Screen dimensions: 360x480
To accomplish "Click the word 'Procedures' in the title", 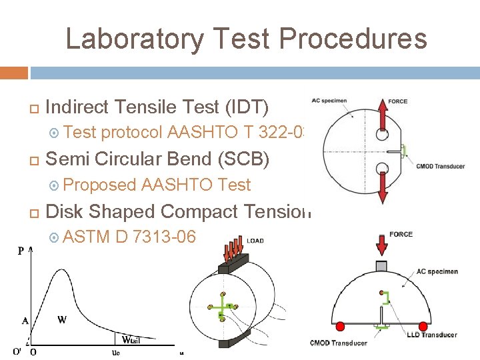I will (x=354, y=39).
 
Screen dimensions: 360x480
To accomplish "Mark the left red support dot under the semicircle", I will (x=340, y=327).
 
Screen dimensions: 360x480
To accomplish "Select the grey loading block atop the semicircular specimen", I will (x=381, y=265).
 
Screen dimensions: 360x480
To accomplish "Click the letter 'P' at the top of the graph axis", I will (x=21, y=251).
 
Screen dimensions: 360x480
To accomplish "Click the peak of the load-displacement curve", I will (x=66, y=263).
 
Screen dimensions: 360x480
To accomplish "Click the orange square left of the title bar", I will (x=14, y=72).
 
